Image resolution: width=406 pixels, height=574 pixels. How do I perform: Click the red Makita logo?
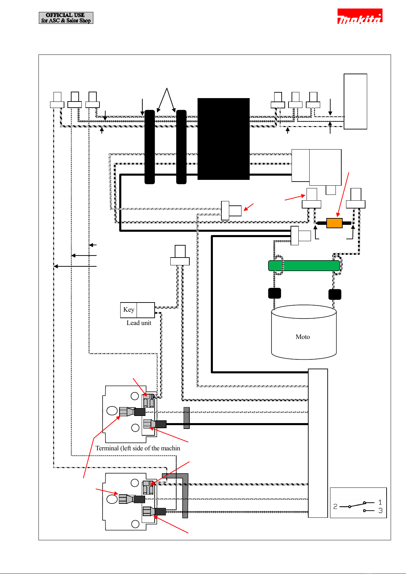pos(360,16)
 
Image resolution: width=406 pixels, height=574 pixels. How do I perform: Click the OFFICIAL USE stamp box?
pos(66,18)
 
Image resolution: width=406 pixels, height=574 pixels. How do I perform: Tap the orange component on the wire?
pos(334,223)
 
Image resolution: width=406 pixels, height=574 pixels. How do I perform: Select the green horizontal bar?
pos(304,265)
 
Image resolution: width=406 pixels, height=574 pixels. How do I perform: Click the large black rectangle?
pos(223,139)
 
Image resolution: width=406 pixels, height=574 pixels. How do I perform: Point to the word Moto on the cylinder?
pos(302,337)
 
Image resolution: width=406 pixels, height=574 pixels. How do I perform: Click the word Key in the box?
pos(129,310)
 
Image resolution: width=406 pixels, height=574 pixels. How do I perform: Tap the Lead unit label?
pos(139,323)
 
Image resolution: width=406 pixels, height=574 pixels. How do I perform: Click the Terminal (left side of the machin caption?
pos(138,448)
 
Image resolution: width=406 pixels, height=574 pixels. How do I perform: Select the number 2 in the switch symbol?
pos(335,506)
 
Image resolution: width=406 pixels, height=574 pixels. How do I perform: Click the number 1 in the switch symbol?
pos(380,502)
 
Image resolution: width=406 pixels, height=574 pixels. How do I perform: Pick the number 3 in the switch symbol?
pos(380,511)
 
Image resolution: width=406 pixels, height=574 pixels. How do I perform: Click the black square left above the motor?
pos(275,293)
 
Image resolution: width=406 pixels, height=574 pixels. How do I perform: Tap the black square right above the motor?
pos(335,294)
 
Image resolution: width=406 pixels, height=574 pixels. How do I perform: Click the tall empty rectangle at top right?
pos(355,102)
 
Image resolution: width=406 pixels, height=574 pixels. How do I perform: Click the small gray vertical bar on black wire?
pos(186,418)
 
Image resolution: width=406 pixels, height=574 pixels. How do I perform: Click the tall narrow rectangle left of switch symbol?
pos(318,443)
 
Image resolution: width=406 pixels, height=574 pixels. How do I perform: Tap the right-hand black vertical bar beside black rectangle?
pos(181,147)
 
